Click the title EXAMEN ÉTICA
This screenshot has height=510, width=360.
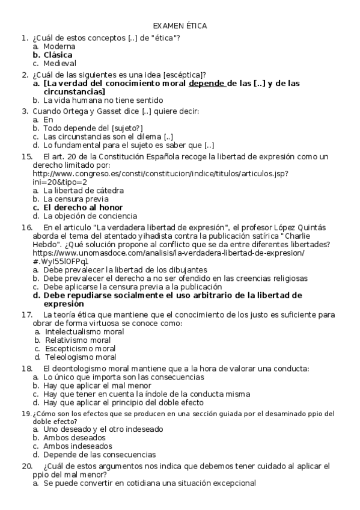(x=180, y=26)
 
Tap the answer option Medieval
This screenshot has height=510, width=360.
(x=59, y=63)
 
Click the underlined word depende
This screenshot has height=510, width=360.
(x=207, y=84)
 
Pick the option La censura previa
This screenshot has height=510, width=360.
(x=76, y=198)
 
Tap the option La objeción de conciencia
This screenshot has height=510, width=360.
(x=90, y=216)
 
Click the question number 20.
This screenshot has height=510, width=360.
(x=26, y=466)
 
